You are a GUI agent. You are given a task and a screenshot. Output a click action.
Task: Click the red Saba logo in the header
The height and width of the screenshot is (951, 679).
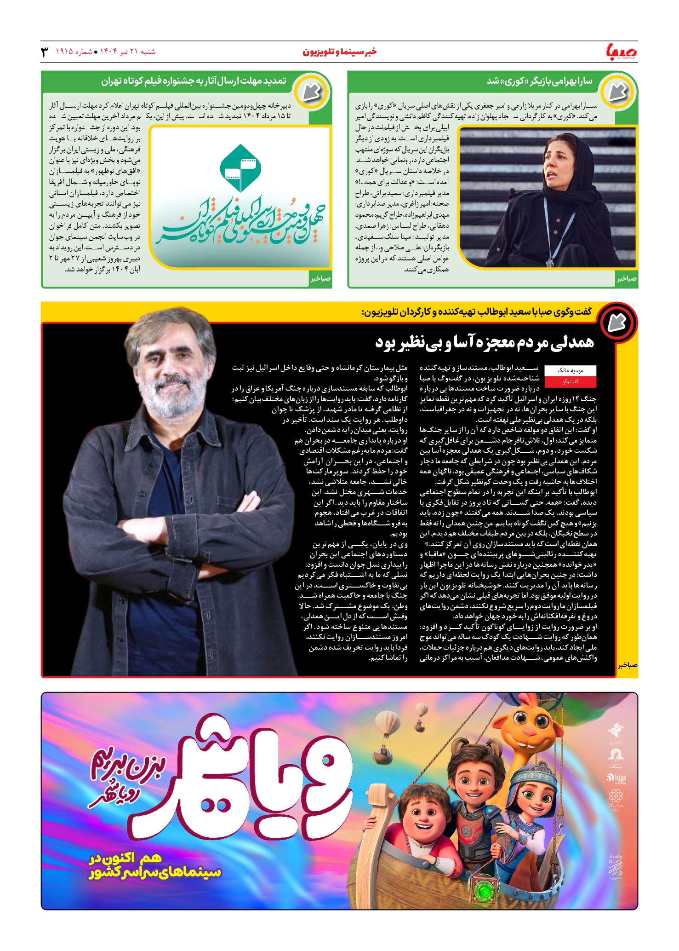click(x=622, y=52)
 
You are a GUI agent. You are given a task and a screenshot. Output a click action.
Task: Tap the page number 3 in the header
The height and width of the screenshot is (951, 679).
click(x=45, y=52)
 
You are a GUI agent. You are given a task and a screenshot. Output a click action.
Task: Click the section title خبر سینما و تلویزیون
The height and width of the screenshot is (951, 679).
click(x=339, y=52)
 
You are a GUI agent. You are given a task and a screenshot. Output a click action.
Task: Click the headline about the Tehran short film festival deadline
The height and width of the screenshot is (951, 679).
click(x=194, y=81)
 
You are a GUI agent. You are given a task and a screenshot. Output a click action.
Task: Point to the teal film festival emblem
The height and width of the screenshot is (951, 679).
click(x=240, y=168)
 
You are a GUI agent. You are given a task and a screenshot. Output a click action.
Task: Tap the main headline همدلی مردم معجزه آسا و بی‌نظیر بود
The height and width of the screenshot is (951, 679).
click(x=485, y=342)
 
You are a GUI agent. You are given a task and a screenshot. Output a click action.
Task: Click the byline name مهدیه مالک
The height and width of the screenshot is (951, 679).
click(x=570, y=370)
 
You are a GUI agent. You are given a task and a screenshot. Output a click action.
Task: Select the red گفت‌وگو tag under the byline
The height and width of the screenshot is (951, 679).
click(x=570, y=381)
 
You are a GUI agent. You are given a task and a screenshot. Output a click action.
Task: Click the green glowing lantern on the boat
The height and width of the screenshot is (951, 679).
click(x=483, y=891)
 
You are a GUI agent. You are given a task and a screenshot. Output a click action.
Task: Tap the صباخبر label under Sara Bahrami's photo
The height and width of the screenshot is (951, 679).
click(x=627, y=279)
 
